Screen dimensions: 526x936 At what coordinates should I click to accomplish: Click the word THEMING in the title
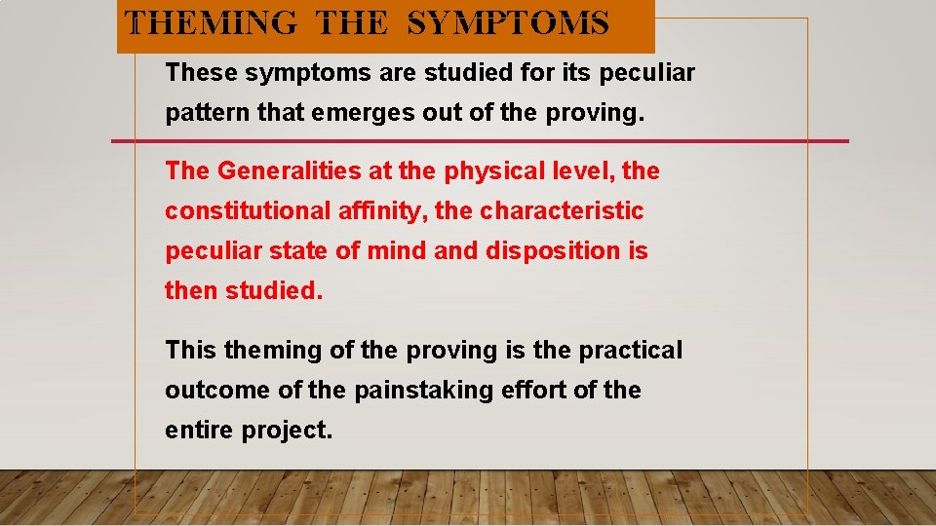[x=213, y=22]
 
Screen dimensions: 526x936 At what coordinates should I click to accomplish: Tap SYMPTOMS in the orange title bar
[x=508, y=22]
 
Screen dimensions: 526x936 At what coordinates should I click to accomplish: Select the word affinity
[x=384, y=211]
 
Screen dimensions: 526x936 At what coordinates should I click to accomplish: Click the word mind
[x=397, y=251]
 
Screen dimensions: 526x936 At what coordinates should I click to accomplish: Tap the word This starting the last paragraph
[x=191, y=350]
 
